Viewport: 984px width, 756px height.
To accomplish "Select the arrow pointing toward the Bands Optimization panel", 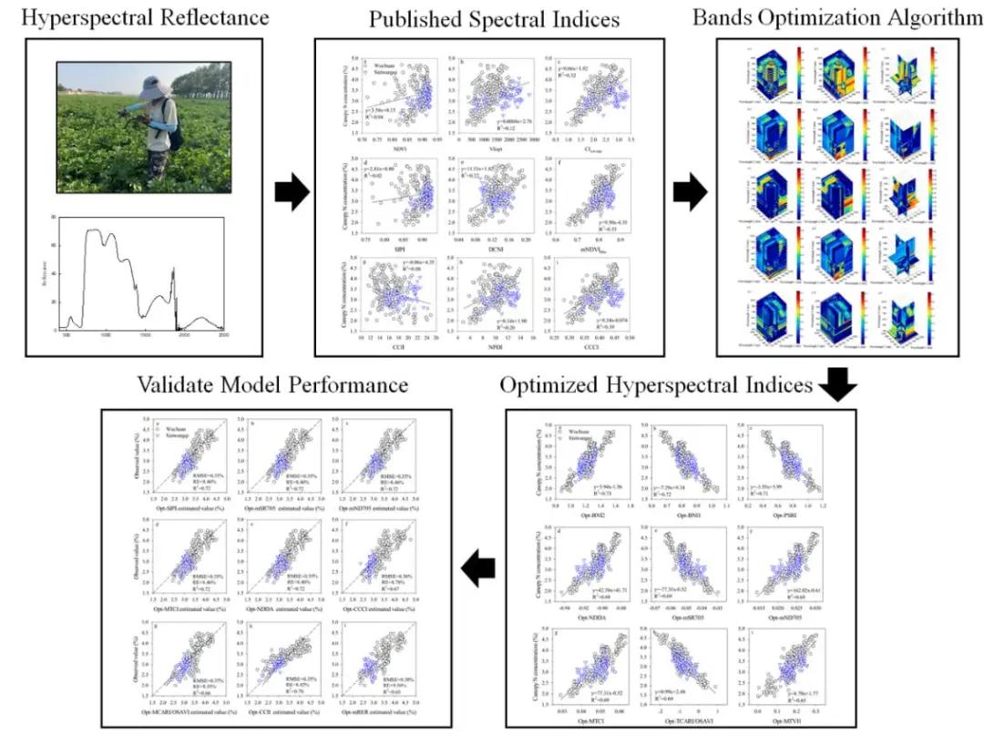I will tap(688, 192).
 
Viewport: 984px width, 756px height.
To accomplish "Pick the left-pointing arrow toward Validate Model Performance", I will tap(478, 570).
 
